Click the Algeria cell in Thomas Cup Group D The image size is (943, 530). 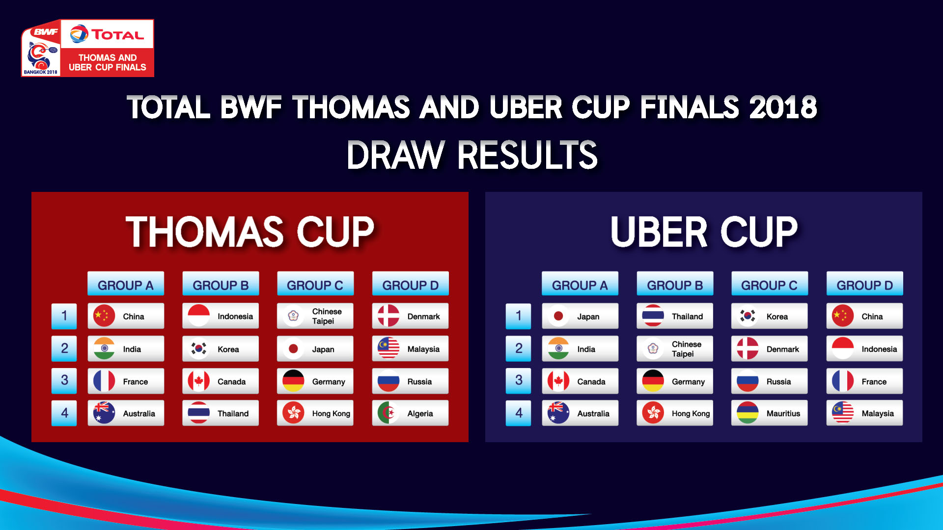410,413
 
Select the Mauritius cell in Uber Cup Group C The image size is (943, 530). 769,413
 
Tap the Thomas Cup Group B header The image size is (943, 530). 221,284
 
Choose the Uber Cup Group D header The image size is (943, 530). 864,284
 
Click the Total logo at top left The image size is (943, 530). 107,34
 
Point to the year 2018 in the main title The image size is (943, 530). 783,107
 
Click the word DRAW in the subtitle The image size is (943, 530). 396,155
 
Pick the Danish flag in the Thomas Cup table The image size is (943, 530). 388,316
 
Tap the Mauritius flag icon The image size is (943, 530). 748,413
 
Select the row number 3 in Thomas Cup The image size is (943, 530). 64,381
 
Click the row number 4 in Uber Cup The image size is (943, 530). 519,413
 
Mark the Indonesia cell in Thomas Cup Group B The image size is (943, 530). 221,316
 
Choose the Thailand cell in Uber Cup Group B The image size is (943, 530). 675,316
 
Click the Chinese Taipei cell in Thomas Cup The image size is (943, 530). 315,316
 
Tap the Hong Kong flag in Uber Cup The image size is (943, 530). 653,413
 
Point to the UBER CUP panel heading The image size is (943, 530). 704,232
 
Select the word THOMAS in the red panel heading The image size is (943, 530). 205,232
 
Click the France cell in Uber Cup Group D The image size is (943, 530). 864,381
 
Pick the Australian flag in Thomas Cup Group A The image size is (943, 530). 104,413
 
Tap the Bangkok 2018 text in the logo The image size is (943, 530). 41,72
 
